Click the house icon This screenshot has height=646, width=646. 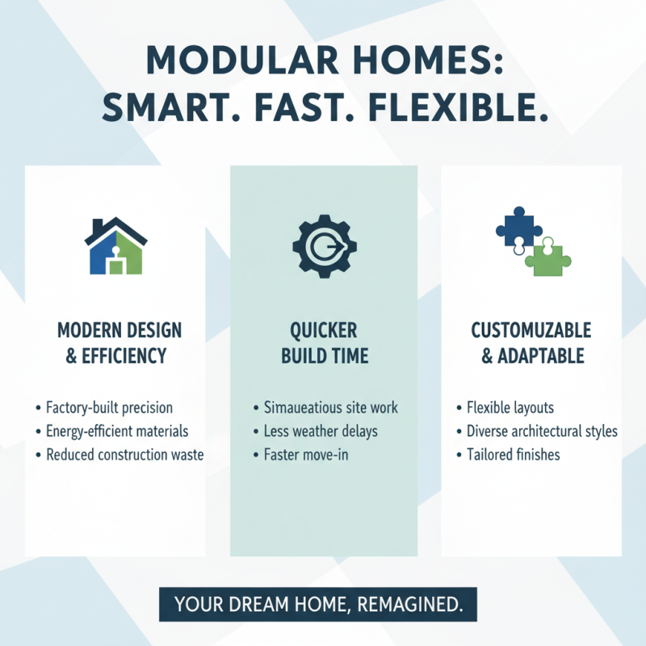point(115,246)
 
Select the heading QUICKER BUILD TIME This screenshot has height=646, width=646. point(323,344)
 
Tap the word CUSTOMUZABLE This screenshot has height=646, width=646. point(531,331)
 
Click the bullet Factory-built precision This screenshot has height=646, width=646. point(109,408)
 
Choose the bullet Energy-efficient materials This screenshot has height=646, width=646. point(117,431)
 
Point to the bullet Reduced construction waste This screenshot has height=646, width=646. point(124,455)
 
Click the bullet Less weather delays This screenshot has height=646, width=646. point(321,431)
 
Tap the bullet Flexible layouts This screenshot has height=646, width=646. point(510,408)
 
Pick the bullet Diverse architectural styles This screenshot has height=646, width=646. point(542,431)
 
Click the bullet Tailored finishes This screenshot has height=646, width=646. point(513,455)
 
